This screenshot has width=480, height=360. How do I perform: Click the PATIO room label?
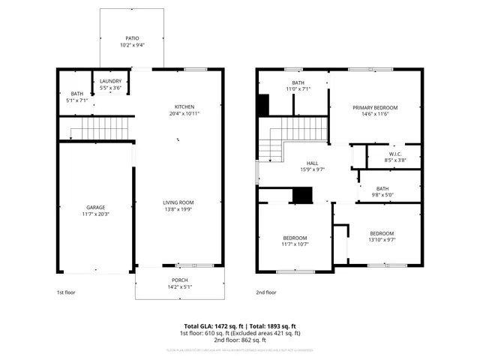click(131, 38)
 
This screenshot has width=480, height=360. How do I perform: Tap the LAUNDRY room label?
click(110, 82)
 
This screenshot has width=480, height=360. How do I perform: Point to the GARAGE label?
click(95, 207)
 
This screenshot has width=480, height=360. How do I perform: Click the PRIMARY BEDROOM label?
click(375, 108)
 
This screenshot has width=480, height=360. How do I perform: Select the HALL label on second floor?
click(313, 163)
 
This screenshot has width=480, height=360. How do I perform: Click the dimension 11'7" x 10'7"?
click(295, 244)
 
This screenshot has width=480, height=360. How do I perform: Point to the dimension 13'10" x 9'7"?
click(382, 241)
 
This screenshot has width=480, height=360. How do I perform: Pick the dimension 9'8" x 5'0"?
click(382, 195)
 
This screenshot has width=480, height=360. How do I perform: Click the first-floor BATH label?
click(77, 93)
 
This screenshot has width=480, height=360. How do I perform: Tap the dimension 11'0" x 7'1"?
click(298, 89)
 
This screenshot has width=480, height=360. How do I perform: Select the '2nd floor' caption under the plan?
click(266, 292)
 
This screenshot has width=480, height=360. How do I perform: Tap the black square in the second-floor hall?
click(302, 195)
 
